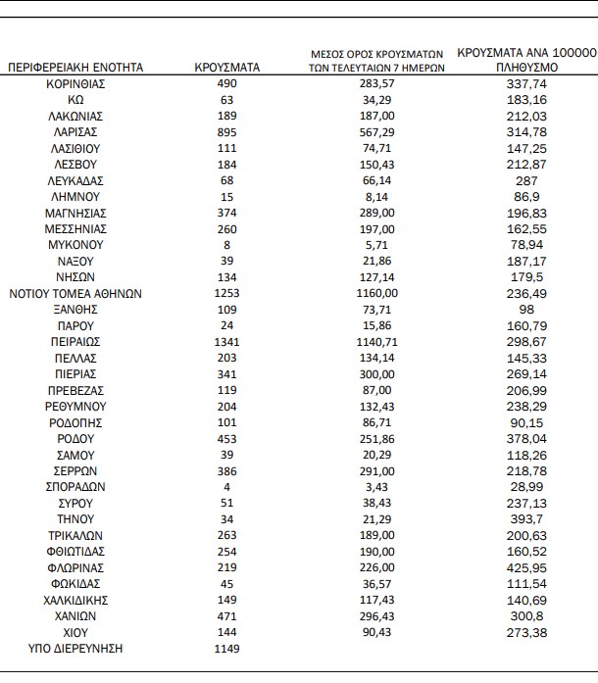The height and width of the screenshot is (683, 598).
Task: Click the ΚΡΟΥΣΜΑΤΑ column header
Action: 227,68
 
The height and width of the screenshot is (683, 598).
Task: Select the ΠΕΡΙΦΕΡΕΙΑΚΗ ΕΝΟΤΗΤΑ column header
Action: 75,68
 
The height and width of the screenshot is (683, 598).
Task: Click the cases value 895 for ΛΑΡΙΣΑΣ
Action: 227,132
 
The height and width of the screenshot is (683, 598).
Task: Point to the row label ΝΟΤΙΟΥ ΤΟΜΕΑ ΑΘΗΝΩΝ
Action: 75,293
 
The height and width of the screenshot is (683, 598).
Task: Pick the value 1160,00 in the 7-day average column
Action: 377,293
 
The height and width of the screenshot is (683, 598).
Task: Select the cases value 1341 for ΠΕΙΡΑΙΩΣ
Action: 227,342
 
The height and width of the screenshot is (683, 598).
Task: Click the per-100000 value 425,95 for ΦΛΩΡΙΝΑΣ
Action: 527,567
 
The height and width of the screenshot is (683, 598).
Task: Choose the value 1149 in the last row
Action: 227,648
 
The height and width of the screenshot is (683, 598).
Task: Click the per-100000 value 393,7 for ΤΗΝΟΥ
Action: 527,519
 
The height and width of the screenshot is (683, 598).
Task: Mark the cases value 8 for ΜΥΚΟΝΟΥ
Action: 227,245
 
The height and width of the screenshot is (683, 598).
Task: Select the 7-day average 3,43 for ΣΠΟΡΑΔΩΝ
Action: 377,487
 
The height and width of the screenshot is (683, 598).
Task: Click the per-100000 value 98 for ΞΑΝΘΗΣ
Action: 527,310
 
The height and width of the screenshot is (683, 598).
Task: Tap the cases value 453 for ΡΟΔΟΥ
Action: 227,438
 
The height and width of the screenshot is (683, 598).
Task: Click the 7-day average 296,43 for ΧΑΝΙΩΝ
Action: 377,615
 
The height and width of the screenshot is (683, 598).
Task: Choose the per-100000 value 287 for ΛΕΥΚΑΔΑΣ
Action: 527,181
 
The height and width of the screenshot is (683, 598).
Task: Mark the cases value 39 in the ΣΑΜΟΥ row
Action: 227,455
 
